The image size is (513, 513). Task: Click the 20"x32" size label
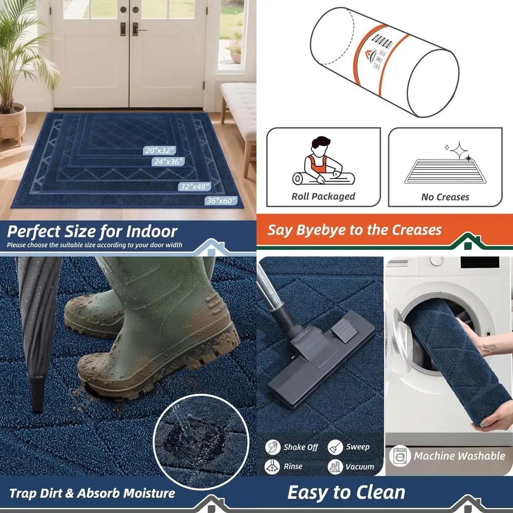[x=160, y=150]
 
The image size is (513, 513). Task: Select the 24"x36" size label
[x=167, y=162]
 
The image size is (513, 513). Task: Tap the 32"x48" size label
[x=194, y=187]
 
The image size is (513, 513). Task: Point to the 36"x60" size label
[x=221, y=200]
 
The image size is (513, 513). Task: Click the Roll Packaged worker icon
[x=323, y=164]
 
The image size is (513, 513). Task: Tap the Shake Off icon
[x=273, y=447]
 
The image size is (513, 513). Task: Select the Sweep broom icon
[x=336, y=447]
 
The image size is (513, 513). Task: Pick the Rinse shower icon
[x=273, y=466]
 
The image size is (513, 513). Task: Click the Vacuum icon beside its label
[x=336, y=467]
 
